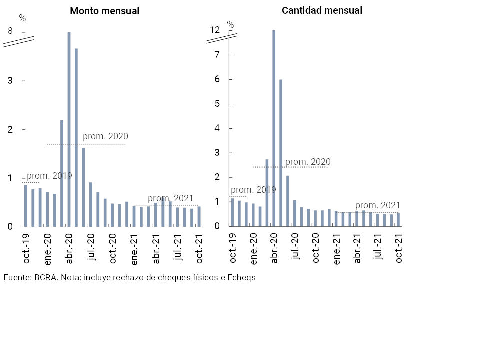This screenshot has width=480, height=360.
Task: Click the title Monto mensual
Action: point(104,11)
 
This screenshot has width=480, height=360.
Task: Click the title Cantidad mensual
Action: point(322,10)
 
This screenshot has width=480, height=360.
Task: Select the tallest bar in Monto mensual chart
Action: point(69,129)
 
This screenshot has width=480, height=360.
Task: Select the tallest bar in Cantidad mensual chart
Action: point(274,128)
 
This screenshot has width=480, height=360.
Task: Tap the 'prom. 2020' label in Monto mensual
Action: point(105,136)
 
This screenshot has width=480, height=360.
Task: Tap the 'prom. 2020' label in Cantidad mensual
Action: point(308,162)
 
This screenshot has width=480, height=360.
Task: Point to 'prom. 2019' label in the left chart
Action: point(49,176)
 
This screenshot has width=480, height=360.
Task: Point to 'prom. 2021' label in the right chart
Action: point(378,206)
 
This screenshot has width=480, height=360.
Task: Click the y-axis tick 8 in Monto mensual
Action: point(10,32)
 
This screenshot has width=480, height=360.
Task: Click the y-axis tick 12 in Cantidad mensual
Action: point(215,30)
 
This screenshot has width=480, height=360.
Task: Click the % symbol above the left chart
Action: point(22,18)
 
